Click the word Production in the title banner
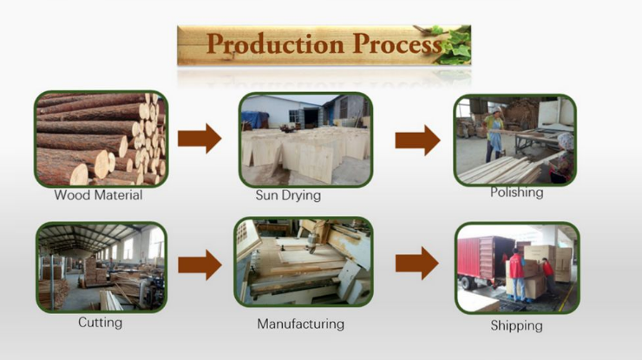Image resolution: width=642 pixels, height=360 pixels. [x=275, y=44]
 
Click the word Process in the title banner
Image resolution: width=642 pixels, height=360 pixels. [x=397, y=43]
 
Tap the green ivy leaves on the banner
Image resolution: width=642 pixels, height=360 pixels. [x=455, y=44]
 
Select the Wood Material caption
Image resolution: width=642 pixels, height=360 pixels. [x=98, y=195]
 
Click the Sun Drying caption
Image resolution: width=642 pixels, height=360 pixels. [x=288, y=195]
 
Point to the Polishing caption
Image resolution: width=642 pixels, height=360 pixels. [x=517, y=192]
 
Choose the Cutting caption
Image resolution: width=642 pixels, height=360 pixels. [x=101, y=323]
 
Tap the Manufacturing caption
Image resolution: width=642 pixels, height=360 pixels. [x=300, y=324]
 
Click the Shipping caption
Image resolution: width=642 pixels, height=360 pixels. [x=517, y=325]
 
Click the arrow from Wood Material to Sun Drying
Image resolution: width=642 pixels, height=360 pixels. [x=200, y=139]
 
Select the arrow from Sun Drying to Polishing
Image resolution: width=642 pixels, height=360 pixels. [x=417, y=141]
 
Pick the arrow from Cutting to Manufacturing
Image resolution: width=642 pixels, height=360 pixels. [x=200, y=265]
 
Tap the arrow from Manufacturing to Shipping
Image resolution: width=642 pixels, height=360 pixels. [x=416, y=264]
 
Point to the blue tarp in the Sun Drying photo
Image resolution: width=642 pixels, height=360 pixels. [x=255, y=120]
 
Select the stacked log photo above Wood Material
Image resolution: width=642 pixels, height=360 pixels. [x=102, y=139]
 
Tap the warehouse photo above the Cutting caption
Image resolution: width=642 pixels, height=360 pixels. [x=102, y=267]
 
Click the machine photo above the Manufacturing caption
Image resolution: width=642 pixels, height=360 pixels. [x=304, y=262]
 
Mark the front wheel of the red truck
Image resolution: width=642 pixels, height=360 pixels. [x=464, y=283]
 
